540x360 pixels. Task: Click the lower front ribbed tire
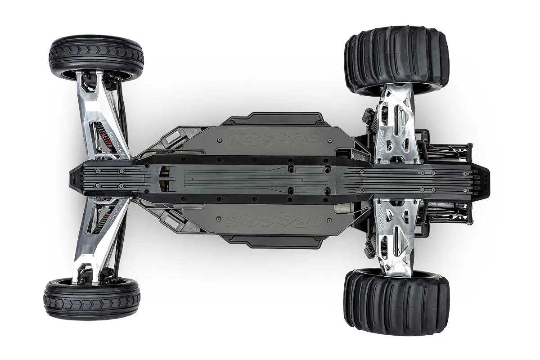(92, 299)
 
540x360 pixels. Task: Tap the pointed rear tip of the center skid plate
(486, 178)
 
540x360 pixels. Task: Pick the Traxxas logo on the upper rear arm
(382, 146)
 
